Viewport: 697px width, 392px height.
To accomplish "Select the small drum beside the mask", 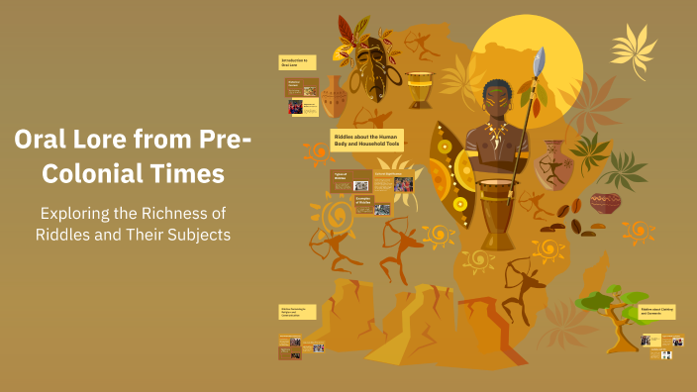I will (x=420, y=89).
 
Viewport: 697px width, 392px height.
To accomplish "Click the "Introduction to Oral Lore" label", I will (x=296, y=61).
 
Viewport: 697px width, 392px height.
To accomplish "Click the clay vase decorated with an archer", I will (x=552, y=163).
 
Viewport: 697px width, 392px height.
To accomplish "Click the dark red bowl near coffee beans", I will (x=604, y=204).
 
